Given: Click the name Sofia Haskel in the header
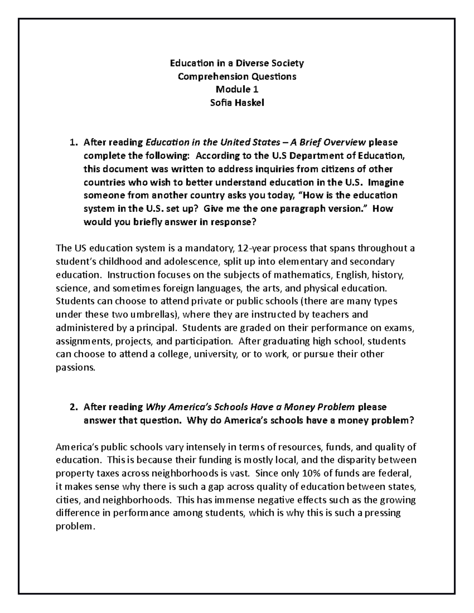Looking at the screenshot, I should point(237,103).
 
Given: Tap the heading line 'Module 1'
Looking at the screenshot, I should point(237,90).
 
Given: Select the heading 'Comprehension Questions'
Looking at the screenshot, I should point(237,76).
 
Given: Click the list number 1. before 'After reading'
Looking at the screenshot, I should point(73,142).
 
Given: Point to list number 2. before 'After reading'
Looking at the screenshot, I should point(73,407).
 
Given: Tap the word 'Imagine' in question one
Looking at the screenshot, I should point(387,182).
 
